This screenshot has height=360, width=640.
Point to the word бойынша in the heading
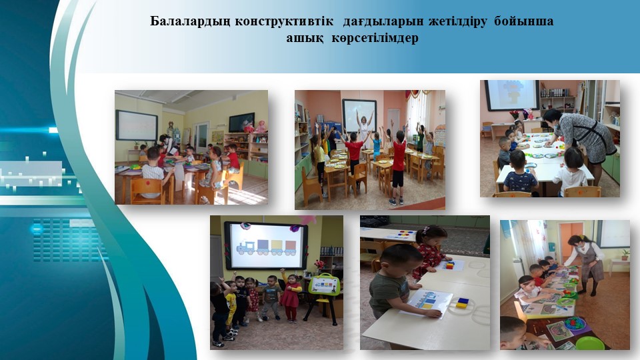click(524, 21)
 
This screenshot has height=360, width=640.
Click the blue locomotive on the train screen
click(246, 248)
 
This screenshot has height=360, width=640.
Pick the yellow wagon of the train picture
click(277, 246)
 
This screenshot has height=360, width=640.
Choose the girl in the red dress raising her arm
click(290, 295)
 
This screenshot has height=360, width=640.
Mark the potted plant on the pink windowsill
click(625, 255)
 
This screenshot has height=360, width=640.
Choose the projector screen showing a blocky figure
click(512, 95)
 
